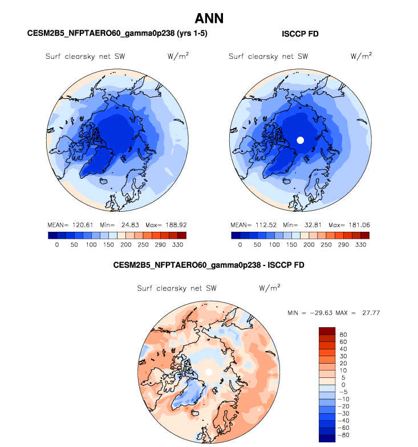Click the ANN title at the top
(x=209, y=18)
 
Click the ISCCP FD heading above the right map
(x=300, y=34)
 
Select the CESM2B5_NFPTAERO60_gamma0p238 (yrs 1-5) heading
(x=117, y=34)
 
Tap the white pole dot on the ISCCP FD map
(x=301, y=140)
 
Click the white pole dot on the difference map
(x=209, y=372)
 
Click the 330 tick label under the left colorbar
(x=178, y=244)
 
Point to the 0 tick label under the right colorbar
(x=240, y=244)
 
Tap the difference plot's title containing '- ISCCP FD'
(x=209, y=265)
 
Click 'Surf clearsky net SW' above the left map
(x=86, y=57)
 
